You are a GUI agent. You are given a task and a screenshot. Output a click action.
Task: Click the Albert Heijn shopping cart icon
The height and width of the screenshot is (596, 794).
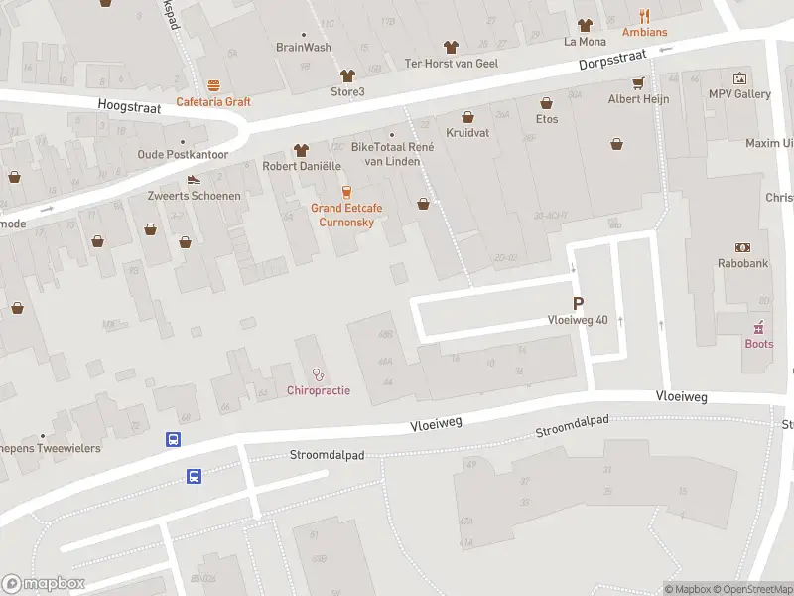pyautogui.click(x=638, y=82)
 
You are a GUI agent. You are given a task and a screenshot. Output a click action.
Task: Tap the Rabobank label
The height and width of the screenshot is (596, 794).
pyautogui.click(x=742, y=263)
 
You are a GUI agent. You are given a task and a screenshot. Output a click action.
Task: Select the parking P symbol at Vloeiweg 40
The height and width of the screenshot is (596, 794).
pyautogui.click(x=578, y=303)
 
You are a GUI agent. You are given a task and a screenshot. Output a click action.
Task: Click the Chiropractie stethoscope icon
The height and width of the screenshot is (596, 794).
pyautogui.click(x=318, y=374)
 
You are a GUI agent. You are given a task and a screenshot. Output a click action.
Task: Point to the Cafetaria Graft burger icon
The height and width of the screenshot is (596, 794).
pyautogui.click(x=213, y=85)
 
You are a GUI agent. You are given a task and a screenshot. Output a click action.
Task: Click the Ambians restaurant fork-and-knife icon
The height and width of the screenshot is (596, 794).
pyautogui.click(x=644, y=16)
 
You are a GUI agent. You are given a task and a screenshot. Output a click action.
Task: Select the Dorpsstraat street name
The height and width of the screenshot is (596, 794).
pyautogui.click(x=612, y=60)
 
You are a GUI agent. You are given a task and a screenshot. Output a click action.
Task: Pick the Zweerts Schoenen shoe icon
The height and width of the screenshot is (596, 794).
pyautogui.click(x=194, y=180)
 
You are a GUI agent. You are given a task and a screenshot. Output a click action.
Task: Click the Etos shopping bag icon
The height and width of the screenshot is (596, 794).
pyautogui.click(x=546, y=102)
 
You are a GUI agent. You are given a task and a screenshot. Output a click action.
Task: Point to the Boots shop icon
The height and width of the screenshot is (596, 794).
pyautogui.click(x=758, y=327)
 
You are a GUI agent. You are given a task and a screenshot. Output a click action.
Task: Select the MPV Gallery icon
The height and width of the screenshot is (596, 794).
pyautogui.click(x=739, y=78)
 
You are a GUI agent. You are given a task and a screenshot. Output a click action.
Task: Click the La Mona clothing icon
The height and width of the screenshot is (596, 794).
pyautogui.click(x=585, y=25)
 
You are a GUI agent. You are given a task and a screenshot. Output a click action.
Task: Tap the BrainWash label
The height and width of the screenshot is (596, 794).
pyautogui.click(x=304, y=47)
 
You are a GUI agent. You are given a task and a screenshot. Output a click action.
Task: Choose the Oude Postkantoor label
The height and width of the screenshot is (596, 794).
pyautogui.click(x=183, y=154)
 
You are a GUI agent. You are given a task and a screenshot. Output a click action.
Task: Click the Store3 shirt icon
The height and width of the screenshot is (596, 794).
pyautogui.click(x=347, y=75)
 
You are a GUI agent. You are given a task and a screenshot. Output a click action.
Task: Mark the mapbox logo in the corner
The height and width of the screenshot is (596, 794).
pyautogui.click(x=44, y=583)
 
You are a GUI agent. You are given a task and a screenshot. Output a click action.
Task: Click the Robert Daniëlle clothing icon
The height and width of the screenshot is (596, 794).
pyautogui.click(x=301, y=150)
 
